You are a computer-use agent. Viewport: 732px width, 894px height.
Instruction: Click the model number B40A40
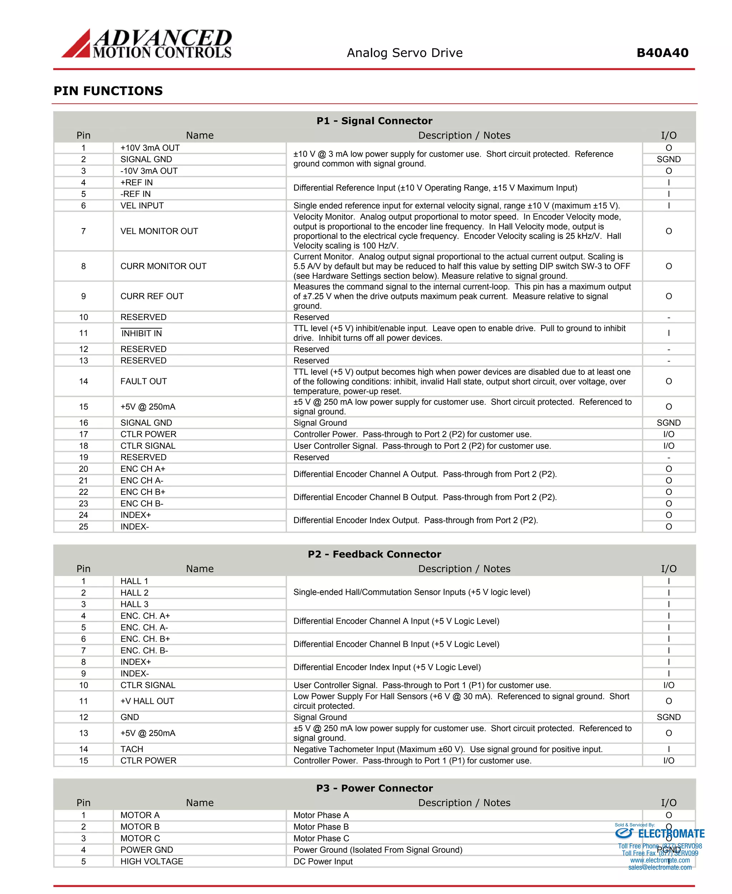[x=662, y=53]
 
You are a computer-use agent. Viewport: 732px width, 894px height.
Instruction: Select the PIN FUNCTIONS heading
[x=108, y=91]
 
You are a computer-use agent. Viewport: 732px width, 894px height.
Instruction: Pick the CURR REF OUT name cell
[x=152, y=296]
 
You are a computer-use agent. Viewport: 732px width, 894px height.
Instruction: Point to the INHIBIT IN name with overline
[x=141, y=333]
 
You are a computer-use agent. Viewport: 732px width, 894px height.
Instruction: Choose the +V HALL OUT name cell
[x=147, y=701]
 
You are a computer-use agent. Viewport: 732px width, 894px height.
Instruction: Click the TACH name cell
[x=132, y=749]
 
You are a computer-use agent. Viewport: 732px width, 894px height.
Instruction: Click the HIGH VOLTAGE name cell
[x=152, y=861]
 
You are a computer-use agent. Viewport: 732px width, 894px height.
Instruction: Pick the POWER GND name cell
[x=147, y=850]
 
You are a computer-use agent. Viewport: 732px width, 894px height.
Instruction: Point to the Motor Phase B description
[x=321, y=826]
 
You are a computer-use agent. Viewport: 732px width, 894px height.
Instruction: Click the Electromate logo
[x=659, y=834]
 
